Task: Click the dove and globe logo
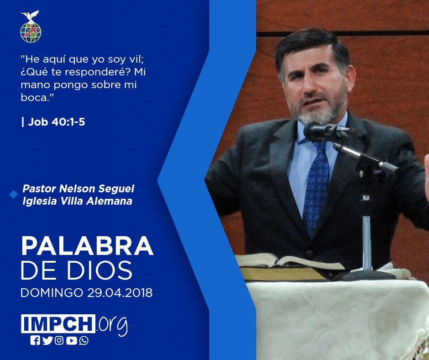31,26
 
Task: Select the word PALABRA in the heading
87,246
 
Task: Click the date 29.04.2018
120,292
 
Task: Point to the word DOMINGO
52,292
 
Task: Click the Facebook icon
35,340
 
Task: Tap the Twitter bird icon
47,340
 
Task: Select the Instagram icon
59,340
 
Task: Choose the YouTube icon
71,340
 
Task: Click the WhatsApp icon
84,340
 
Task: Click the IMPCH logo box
58,323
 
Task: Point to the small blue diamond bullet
13,195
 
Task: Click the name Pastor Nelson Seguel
78,189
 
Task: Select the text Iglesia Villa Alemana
78,201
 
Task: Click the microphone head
317,132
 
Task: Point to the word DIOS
99,270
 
